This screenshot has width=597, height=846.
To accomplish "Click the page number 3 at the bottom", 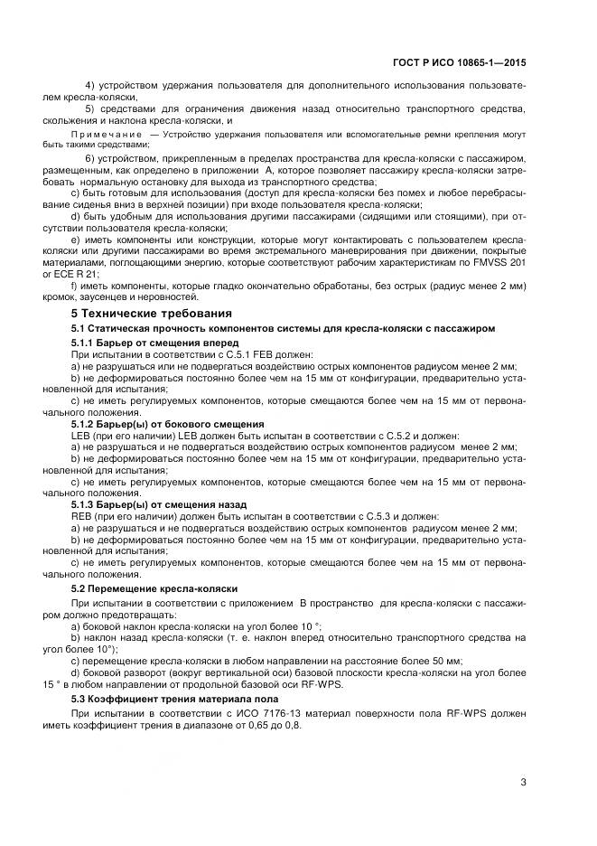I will [523, 782].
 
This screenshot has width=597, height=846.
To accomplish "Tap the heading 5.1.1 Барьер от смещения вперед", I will [142, 344].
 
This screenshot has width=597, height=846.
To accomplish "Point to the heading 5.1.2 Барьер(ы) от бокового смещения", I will [167, 424].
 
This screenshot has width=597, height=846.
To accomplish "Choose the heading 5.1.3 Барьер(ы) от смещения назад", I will [163, 503].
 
